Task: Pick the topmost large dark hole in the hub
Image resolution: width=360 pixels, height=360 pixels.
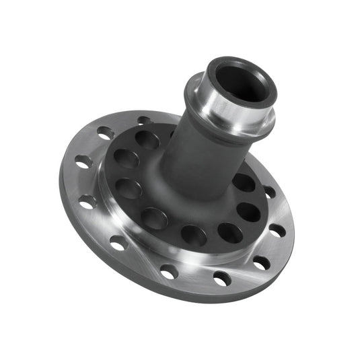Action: point(147,139)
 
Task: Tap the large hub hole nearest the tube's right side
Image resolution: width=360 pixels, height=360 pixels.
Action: point(244,182)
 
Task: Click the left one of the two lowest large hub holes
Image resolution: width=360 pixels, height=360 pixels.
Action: point(194,236)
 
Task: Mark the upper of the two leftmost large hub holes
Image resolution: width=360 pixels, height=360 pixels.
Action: point(126,159)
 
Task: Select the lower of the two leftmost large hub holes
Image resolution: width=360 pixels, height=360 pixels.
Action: point(129,188)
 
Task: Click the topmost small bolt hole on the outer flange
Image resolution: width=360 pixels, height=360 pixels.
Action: point(144,121)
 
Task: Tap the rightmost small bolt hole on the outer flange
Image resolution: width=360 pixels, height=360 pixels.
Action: point(278,231)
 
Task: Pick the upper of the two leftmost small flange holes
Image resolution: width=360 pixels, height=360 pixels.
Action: point(83,162)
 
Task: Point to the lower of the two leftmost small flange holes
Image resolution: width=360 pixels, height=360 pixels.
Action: point(87,201)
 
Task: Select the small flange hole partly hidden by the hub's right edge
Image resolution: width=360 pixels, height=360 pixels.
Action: point(269,192)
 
